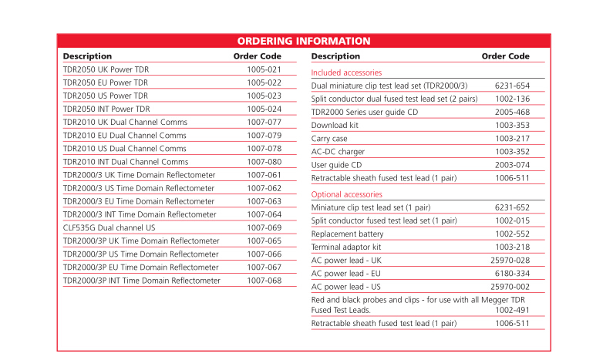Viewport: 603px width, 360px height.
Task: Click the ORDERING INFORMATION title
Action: [x=303, y=41]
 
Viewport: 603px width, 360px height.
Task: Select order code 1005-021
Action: [x=264, y=69]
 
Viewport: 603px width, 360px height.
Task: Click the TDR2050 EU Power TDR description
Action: [x=106, y=82]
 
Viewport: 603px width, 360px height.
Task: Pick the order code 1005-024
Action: [x=264, y=109]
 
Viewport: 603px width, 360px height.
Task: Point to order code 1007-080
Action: [x=264, y=163]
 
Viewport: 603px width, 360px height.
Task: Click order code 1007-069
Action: [x=264, y=228]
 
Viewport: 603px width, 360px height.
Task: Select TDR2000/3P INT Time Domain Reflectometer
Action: [x=141, y=281]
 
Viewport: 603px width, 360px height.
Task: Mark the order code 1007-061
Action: [x=264, y=175]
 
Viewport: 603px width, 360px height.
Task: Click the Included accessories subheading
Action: [x=346, y=72]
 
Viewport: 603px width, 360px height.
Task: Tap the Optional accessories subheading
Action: [x=346, y=194]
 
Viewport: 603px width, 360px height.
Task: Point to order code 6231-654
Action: [x=512, y=86]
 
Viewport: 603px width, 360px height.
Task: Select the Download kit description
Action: [x=335, y=125]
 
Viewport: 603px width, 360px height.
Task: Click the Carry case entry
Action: [x=329, y=139]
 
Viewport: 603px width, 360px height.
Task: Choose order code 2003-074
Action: [x=512, y=165]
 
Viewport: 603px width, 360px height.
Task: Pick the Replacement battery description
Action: [x=347, y=234]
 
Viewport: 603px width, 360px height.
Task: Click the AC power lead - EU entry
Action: [x=345, y=273]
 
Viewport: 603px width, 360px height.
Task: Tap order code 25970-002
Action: [x=510, y=286]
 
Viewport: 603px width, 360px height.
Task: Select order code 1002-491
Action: [x=512, y=310]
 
